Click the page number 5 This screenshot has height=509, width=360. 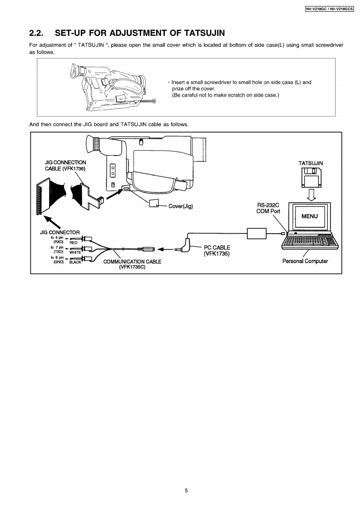click(186, 491)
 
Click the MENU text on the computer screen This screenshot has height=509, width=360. click(310, 216)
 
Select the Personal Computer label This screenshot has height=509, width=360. click(305, 261)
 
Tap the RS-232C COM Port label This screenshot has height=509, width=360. click(268, 208)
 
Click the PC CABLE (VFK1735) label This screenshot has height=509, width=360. click(217, 250)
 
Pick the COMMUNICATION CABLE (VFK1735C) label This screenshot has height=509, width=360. click(132, 264)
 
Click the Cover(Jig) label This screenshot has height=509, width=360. click(181, 206)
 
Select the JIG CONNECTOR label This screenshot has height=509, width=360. click(60, 233)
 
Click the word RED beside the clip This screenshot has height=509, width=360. click(74, 243)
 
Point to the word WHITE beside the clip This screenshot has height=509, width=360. click(75, 252)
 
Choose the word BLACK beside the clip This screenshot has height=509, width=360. click(74, 262)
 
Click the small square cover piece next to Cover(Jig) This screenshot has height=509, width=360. click(153, 204)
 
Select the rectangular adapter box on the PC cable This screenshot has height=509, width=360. click(256, 233)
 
